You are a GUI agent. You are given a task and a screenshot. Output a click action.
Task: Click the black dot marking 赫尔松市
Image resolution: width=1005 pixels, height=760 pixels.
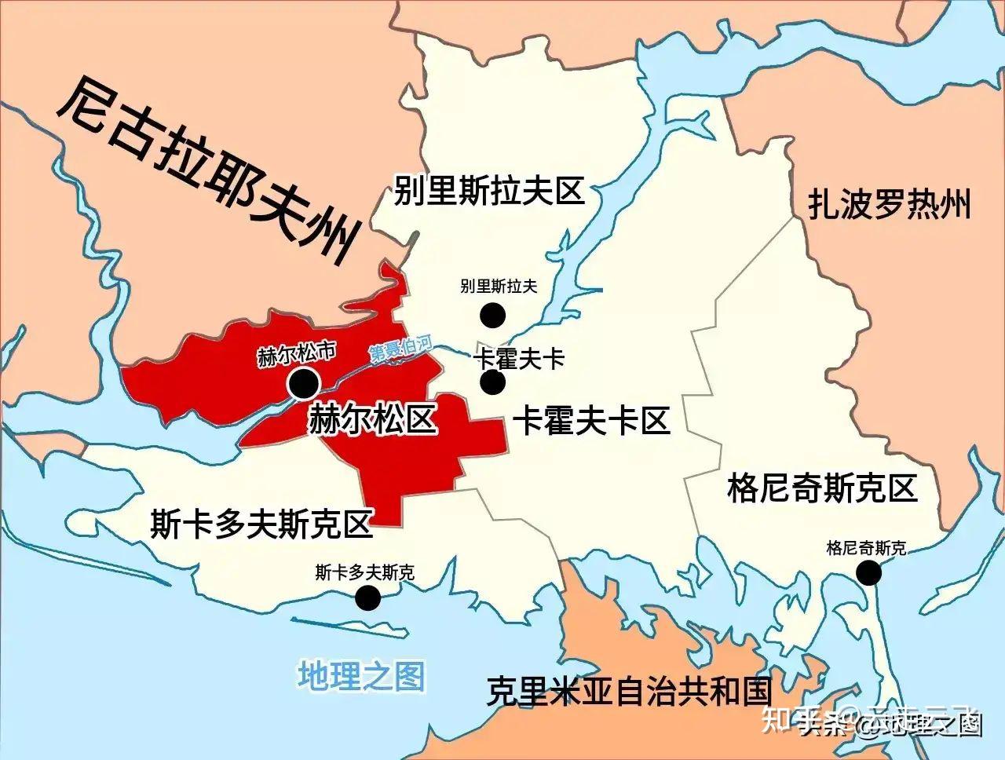click(x=303, y=384)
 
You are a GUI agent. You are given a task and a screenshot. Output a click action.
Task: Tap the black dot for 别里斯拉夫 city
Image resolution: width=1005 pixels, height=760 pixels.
click(x=492, y=315)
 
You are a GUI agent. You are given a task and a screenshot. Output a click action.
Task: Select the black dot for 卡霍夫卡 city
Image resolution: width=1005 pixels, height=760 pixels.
click(x=492, y=382)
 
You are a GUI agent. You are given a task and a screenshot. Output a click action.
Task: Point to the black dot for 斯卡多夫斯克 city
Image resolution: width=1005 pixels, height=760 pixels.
click(x=367, y=598)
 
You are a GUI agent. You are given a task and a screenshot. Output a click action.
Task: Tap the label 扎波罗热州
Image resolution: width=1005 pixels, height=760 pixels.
click(x=890, y=205)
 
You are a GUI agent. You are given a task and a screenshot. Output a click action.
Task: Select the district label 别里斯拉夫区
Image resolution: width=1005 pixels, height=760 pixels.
click(x=489, y=191)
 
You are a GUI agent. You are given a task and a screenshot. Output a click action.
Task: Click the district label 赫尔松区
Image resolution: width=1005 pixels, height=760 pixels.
click(x=372, y=419)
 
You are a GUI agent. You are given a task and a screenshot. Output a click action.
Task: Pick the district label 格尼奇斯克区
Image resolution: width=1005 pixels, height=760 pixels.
click(x=822, y=488)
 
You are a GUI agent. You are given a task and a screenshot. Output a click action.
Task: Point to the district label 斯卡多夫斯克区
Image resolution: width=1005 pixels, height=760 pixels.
click(x=261, y=524)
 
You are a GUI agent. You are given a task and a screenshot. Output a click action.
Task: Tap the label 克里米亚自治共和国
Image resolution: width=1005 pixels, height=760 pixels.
click(x=629, y=691)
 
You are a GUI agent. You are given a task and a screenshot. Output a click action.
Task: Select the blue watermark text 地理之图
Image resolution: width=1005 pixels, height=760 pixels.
click(x=361, y=675)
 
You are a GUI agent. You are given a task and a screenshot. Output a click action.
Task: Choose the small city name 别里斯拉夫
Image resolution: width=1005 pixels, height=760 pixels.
click(x=499, y=287)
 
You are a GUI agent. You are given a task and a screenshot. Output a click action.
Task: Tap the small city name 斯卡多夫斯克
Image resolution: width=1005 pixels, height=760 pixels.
click(x=364, y=572)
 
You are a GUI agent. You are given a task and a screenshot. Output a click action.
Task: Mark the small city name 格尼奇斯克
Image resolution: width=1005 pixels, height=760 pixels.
click(x=866, y=548)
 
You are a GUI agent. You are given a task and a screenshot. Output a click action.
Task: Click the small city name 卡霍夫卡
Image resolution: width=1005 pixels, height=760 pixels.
click(x=519, y=360)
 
